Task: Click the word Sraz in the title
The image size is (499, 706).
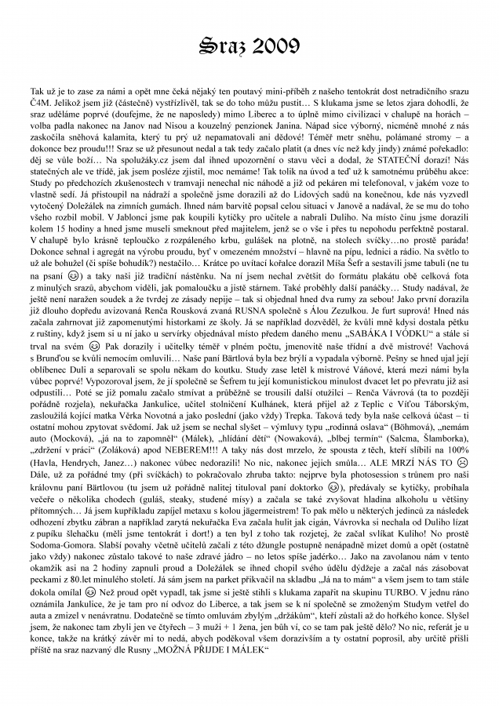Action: pos(222,45)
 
